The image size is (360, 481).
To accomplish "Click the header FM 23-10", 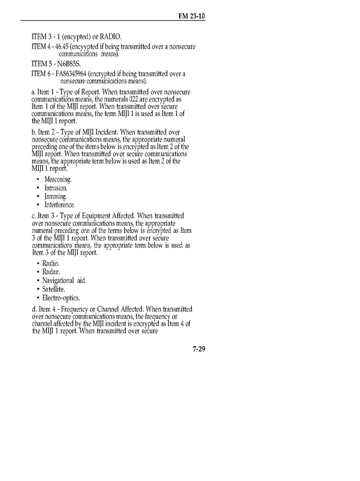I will pos(191,16).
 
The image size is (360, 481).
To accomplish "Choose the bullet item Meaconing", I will pos(58,179).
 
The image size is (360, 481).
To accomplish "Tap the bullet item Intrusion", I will pos(56,188).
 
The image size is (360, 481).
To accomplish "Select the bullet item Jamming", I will pos(55,196).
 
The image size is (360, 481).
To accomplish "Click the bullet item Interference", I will pos(59,205).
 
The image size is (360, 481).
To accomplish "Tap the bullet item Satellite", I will pos(53,289).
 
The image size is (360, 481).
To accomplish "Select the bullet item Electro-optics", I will pos(61,298).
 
